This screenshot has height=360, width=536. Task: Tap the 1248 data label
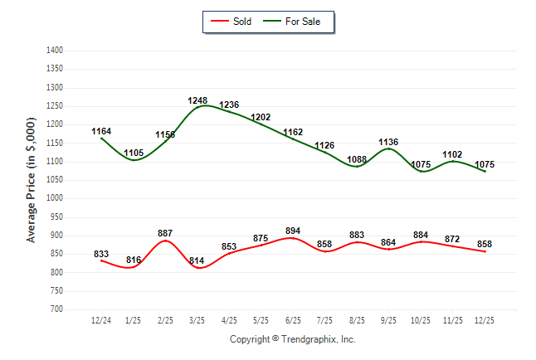coord(197,101)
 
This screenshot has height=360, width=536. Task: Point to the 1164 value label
coord(101,131)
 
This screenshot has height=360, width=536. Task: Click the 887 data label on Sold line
coord(165,232)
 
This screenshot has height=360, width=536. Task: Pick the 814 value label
coord(197,260)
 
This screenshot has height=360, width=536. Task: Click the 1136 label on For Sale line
coord(389,142)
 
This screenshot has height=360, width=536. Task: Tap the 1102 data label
coord(453,154)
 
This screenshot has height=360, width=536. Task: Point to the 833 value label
coord(101,254)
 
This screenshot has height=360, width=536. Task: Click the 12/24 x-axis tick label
coord(101,320)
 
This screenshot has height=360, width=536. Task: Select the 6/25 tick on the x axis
coord(293,320)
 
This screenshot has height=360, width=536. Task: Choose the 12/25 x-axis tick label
coord(485,320)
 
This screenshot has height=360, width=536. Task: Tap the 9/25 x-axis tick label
coord(389,320)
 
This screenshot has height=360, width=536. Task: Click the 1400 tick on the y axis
coord(55,51)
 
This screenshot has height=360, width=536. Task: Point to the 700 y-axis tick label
coord(56,309)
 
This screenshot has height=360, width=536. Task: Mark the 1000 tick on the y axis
coord(55,198)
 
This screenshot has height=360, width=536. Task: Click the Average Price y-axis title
coord(32,180)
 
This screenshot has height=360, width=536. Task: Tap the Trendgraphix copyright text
coord(292,339)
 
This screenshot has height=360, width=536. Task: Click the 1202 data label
coord(261,117)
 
